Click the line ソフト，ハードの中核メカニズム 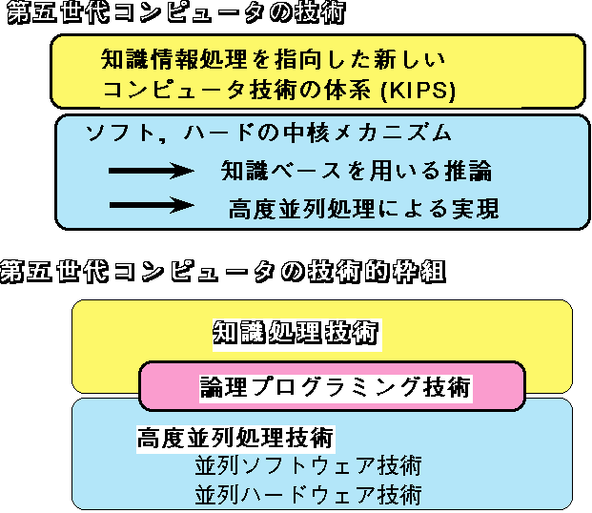(x=268, y=133)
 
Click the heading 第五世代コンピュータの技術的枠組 (x=223, y=272)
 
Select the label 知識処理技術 (x=296, y=334)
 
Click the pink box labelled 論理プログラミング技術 (x=334, y=386)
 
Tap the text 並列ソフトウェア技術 (x=308, y=467)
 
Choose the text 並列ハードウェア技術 (x=308, y=495)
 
